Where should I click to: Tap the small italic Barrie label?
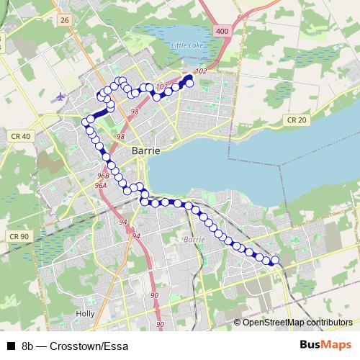pos(194,239)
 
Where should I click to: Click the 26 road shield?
pos(65,20)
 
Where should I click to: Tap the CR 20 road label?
pos(295,120)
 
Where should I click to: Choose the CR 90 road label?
pos(19,236)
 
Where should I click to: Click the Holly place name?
pos(85,314)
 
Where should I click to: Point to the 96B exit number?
pos(102,176)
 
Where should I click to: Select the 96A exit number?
pos(100,186)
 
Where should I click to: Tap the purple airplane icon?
pos(58,95)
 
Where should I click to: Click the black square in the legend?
pos(11,346)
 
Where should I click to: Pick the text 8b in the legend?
pos(27,346)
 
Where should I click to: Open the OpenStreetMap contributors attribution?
pos(297,322)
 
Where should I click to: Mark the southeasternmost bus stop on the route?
pos(274,260)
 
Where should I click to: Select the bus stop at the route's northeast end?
pos(190,83)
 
